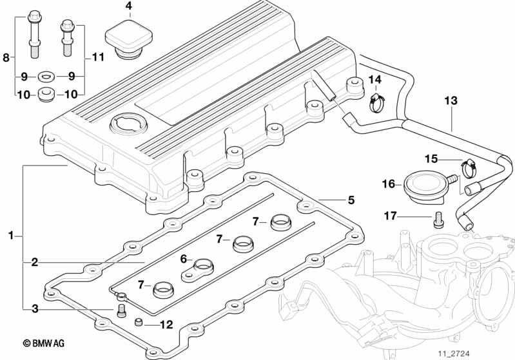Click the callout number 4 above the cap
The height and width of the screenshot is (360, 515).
130,6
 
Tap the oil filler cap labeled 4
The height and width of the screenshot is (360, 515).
129,39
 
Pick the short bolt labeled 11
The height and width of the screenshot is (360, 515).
67,37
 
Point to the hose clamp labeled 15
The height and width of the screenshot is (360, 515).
468,166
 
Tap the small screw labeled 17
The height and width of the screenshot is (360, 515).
438,220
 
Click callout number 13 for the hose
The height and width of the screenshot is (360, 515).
451,100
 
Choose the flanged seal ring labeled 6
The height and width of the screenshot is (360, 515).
197,270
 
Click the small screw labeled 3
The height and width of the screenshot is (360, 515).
121,310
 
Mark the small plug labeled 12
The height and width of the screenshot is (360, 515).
139,322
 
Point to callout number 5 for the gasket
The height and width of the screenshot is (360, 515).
351,200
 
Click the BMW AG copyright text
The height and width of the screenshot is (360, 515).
44,343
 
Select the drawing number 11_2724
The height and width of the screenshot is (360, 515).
454,354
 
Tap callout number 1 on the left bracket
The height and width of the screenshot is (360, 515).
11,235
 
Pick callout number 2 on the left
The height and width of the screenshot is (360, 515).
35,263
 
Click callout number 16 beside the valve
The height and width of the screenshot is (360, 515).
389,184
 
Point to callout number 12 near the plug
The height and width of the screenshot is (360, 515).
166,325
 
